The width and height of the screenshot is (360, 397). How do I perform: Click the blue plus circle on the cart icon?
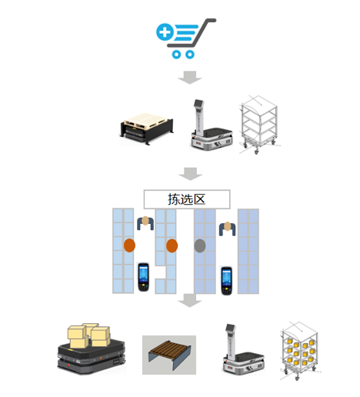point(165,32)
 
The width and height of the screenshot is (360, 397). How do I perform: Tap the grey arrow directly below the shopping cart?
point(190,77)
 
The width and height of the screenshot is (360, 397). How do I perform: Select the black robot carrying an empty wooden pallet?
point(146,128)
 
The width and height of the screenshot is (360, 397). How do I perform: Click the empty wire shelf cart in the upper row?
point(259,125)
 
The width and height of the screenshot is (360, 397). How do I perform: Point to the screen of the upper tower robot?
point(199,103)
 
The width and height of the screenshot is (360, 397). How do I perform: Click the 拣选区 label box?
point(187,199)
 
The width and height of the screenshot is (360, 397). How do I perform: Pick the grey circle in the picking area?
point(200,245)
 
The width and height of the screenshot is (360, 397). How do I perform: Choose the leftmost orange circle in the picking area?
point(129,245)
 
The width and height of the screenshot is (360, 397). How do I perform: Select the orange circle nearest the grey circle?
point(172,245)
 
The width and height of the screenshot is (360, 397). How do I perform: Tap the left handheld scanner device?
point(143,277)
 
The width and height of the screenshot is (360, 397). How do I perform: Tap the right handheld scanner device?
point(227,281)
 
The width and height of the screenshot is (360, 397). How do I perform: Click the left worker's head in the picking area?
point(145,221)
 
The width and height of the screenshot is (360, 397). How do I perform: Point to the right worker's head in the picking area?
point(228,226)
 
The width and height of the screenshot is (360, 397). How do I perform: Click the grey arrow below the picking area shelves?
point(190,300)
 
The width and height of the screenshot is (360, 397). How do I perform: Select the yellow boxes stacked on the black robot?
point(89,335)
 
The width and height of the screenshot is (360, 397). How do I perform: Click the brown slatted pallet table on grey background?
point(169,355)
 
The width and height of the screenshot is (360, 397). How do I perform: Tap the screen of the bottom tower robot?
point(231,328)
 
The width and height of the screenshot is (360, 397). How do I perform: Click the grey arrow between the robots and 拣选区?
point(190,174)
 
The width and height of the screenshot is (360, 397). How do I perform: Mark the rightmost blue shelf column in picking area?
point(248,252)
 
